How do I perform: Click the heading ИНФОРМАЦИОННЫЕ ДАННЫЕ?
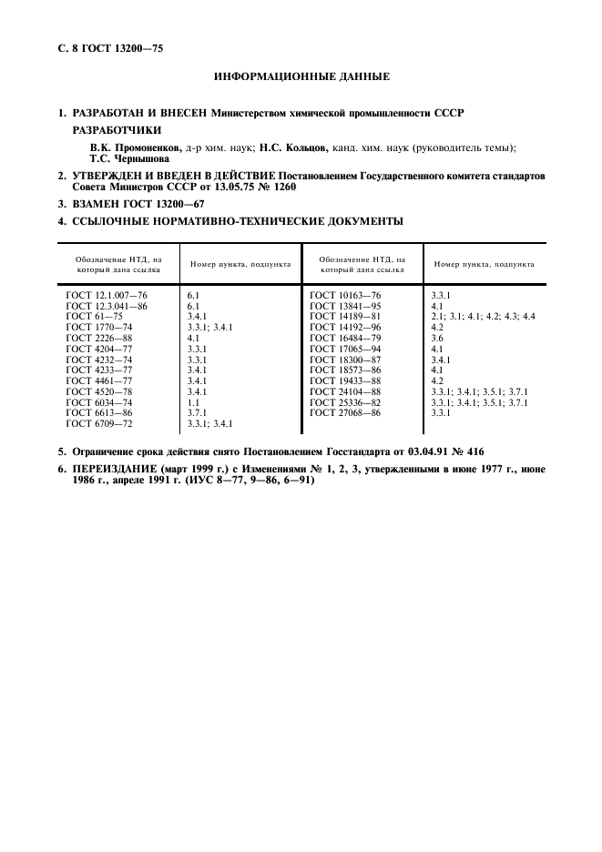(301, 76)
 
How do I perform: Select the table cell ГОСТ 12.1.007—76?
(107, 296)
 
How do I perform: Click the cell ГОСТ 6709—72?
(99, 422)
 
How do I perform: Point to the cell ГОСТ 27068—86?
(345, 412)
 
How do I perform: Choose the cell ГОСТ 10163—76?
(345, 296)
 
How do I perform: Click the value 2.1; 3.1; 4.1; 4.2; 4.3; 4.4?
(483, 316)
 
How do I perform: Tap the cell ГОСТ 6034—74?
(99, 401)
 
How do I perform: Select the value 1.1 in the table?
(193, 401)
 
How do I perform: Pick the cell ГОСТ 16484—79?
(345, 339)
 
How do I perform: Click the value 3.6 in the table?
(436, 339)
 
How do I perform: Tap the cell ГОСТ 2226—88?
(99, 339)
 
